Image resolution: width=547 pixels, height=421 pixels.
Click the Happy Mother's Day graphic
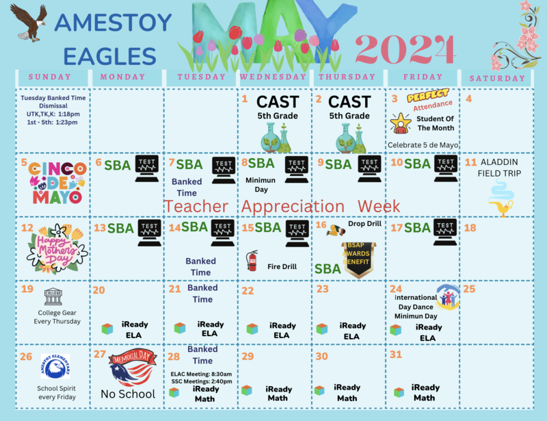coord(57,248)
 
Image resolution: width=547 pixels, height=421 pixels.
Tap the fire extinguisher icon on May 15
coord(252,260)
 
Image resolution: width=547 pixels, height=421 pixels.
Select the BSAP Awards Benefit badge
coord(360,259)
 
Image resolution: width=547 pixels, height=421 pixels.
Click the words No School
coord(128,394)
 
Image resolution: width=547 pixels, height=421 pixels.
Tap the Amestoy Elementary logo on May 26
coord(55,366)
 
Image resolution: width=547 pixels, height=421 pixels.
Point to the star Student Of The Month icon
coord(400,123)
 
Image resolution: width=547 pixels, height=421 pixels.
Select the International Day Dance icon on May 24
coord(449,296)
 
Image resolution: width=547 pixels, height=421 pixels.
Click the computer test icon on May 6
coord(149,168)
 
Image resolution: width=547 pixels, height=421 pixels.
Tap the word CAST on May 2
coord(349,102)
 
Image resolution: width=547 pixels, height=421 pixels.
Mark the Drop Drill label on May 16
coord(363,223)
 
